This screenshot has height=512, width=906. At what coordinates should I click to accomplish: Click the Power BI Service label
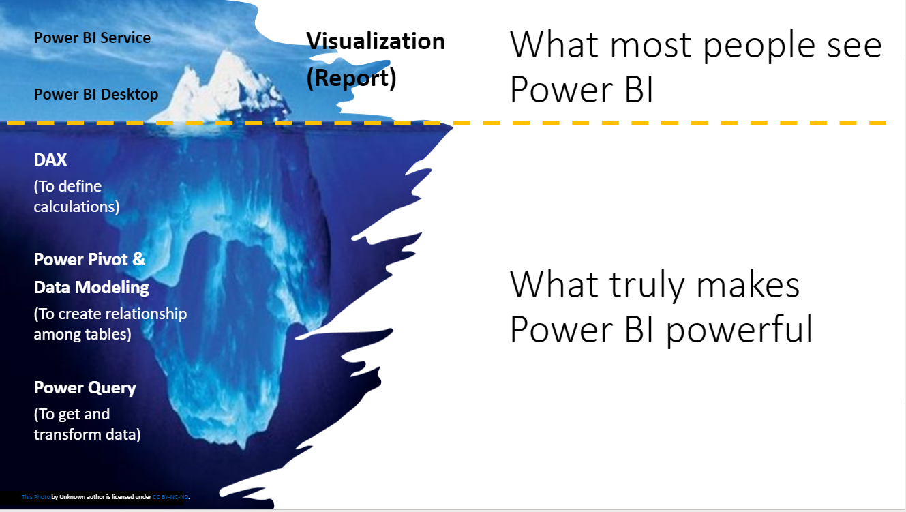pos(92,37)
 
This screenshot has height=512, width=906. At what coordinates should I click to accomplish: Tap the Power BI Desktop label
pos(96,94)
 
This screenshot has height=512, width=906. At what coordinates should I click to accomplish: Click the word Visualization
pos(376,42)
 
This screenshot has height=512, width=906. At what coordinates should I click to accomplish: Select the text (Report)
pos(351,78)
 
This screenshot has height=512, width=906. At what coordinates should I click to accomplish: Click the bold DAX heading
pos(50,160)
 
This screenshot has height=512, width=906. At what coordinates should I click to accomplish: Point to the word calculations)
pos(76,207)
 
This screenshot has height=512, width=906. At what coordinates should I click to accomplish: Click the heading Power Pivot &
pos(89,259)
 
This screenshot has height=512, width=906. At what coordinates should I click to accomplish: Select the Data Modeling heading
pos(91,287)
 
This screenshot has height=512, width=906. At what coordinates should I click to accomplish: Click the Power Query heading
pos(85,388)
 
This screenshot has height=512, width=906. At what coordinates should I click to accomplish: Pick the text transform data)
pos(87,434)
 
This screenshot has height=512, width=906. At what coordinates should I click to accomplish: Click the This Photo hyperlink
pos(35,496)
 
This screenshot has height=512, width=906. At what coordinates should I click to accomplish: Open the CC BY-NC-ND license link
pos(170,496)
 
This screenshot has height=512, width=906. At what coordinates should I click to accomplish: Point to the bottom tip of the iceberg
pos(243,448)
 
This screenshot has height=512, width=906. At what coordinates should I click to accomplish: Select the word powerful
pos(740,329)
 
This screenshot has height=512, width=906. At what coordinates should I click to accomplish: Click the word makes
pos(748,285)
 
